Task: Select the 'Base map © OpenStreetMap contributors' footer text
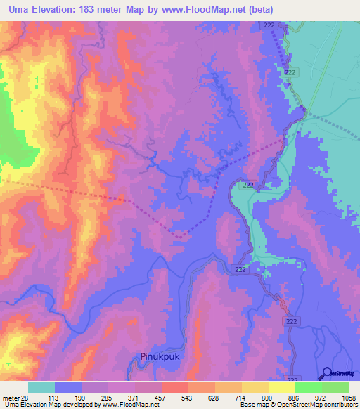click(x=298, y=404)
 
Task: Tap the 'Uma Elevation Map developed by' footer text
click(x=49, y=404)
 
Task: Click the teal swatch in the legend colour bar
click(x=41, y=387)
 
